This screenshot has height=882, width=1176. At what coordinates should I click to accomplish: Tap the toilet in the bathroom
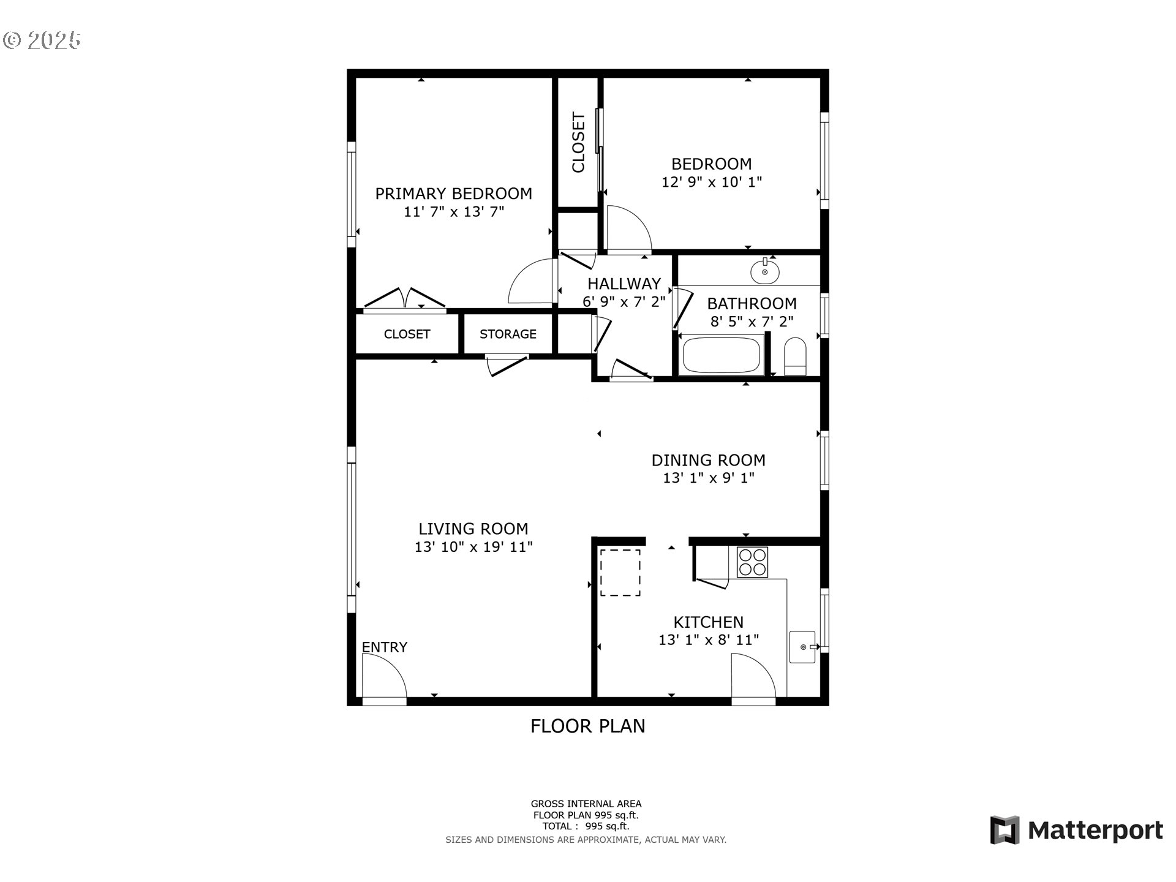(796, 356)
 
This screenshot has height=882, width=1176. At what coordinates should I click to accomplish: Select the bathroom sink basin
(764, 271)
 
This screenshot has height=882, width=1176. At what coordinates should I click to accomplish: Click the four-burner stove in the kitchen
(752, 562)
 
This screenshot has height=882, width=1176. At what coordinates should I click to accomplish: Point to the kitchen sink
(802, 647)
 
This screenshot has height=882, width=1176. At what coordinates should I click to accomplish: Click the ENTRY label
(384, 647)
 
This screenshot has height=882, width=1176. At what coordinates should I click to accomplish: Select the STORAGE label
(508, 334)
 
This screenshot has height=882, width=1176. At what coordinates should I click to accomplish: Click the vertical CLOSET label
(578, 142)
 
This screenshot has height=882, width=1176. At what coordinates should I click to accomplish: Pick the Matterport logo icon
(1005, 830)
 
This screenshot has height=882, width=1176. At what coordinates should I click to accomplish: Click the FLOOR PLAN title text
(587, 726)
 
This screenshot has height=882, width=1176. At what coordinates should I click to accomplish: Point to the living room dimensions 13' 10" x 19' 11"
(473, 547)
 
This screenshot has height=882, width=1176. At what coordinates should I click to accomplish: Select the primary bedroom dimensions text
(454, 212)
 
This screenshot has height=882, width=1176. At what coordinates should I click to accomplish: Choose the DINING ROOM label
(708, 460)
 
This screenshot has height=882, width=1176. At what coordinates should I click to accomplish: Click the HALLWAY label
(624, 284)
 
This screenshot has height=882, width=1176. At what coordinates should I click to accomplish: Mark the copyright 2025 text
(42, 40)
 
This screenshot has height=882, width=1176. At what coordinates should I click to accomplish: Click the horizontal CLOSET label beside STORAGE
(407, 334)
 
